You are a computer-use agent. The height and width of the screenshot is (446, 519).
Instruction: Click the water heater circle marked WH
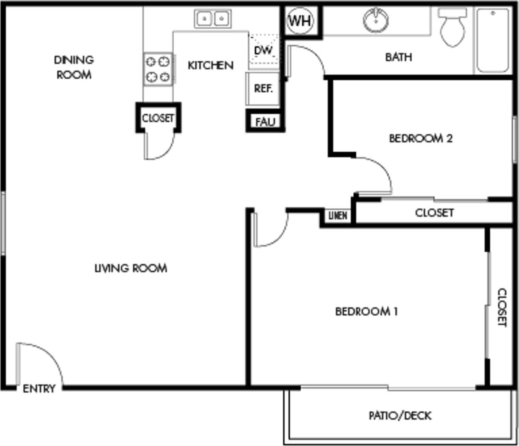pyautogui.click(x=300, y=21)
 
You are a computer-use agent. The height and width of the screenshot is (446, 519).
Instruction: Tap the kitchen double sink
pyautogui.click(x=213, y=19)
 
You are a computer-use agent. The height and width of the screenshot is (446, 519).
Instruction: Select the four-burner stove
pyautogui.click(x=158, y=69)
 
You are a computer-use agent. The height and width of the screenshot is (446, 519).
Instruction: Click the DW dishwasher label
pyautogui.click(x=263, y=51)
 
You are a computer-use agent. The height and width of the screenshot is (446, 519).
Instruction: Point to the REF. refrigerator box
pyautogui.click(x=263, y=88)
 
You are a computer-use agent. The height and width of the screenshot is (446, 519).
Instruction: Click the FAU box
pyautogui.click(x=265, y=122)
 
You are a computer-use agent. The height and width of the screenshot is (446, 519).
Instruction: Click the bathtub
pyautogui.click(x=492, y=40)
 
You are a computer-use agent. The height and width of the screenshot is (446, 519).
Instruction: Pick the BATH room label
pyautogui.click(x=398, y=57)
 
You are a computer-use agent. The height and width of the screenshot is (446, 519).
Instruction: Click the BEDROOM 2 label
pyautogui.click(x=421, y=138)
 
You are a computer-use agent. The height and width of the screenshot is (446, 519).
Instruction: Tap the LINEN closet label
pyautogui.click(x=338, y=216)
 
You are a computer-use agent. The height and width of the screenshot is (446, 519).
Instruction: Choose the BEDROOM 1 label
pyautogui.click(x=367, y=311)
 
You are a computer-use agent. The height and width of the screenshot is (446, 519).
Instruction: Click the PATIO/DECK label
pyautogui.click(x=400, y=415)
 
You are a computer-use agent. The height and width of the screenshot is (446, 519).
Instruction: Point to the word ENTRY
pyautogui.click(x=39, y=389)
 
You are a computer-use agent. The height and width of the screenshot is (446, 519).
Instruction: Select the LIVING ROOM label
pyautogui.click(x=131, y=268)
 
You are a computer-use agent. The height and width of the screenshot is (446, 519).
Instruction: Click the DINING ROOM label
pyautogui.click(x=74, y=67)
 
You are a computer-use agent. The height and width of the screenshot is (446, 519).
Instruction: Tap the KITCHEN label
pyautogui.click(x=210, y=65)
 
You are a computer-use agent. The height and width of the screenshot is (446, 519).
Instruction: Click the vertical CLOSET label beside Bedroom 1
pyautogui.click(x=502, y=307)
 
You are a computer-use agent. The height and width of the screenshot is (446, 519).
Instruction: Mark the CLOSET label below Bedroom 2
pyautogui.click(x=435, y=213)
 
